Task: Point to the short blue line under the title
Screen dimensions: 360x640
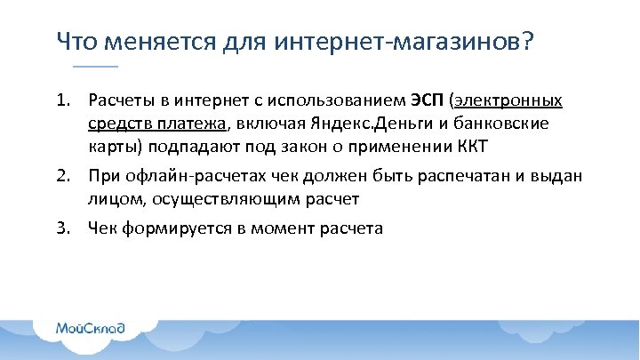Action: pos(95,68)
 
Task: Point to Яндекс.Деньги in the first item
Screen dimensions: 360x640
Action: pos(348,124)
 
